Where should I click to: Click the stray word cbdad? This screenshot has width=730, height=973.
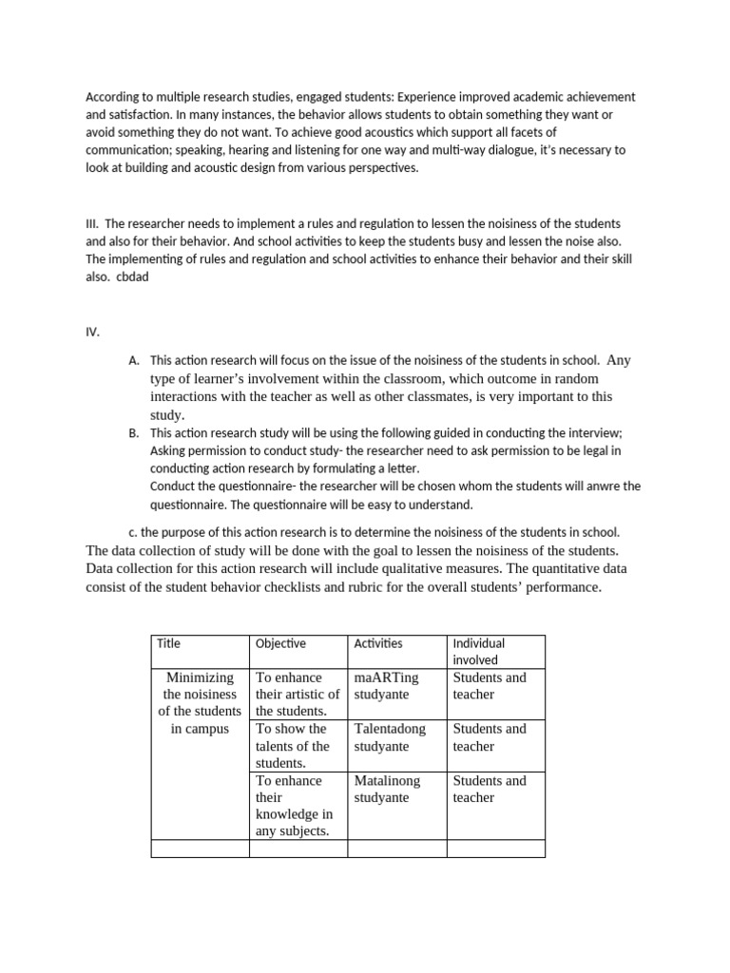tap(133, 277)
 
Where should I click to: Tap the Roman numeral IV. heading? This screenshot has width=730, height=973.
tap(92, 333)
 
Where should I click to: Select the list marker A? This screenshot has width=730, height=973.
tap(133, 361)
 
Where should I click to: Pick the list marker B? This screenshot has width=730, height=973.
tap(133, 432)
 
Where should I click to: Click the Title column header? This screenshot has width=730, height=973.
tap(168, 643)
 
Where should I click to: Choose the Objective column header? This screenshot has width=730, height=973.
tap(280, 643)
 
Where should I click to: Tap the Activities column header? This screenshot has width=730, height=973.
tap(377, 643)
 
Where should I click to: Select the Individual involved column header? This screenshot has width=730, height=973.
tap(480, 651)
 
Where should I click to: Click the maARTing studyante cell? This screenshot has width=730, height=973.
tap(386, 686)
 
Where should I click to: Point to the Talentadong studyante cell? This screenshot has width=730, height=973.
tap(390, 737)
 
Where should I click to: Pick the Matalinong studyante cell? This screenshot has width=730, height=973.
tap(387, 789)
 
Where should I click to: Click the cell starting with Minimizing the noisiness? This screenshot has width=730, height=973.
tap(200, 703)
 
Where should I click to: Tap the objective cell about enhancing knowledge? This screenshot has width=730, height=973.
tap(294, 806)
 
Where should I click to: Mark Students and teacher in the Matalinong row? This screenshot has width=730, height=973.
tap(489, 789)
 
